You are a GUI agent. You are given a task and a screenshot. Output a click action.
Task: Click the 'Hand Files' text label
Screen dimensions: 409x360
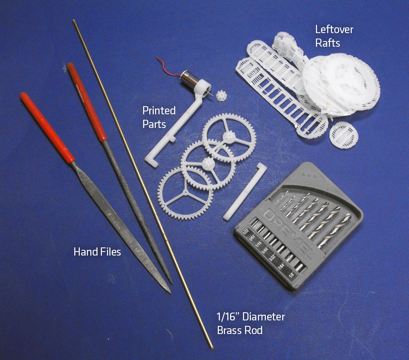pos(97,252)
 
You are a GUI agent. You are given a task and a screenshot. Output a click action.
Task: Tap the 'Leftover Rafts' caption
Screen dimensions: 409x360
pos(334,36)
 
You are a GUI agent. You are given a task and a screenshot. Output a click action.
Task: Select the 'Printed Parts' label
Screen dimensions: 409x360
pos(159,117)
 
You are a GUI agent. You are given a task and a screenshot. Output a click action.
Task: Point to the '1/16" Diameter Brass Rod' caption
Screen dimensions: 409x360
pos(251,323)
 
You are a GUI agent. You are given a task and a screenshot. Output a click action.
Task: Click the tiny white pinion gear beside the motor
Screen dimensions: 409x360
pos(222,96)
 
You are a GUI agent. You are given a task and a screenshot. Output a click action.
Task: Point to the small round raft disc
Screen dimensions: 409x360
pos(344,135)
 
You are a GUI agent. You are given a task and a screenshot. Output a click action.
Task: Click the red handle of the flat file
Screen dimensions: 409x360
pos(47,128)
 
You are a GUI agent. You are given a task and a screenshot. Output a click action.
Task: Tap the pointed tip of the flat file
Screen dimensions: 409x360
pos(170,293)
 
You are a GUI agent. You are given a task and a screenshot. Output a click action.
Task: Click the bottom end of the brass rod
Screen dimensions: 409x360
pos(212,348)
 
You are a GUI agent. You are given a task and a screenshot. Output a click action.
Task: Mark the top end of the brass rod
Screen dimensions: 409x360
pos(74,20)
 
